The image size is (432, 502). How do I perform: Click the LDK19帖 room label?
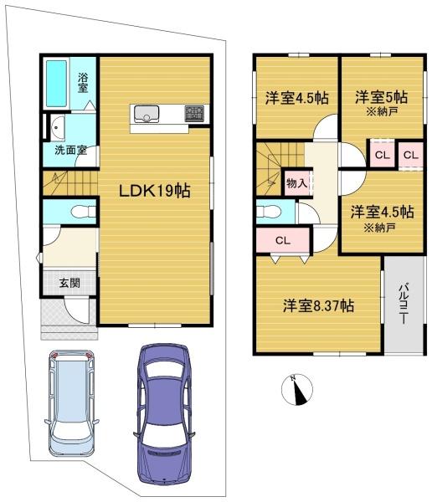155,191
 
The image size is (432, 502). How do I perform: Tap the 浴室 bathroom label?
83,83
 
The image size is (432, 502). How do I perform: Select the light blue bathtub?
56,84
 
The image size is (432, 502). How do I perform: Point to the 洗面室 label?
70,150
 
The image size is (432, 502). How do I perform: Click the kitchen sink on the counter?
147,114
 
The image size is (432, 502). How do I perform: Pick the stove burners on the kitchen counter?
194,113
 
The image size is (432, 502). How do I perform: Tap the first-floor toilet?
84,212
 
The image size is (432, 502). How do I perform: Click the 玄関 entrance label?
69,283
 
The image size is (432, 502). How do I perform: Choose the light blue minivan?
71,402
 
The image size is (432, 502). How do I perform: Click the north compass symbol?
297,390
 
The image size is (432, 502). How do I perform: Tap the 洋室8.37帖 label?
318,305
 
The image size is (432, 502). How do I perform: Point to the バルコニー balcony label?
404,303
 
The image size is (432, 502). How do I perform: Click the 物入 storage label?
296,183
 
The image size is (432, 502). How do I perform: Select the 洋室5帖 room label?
382,97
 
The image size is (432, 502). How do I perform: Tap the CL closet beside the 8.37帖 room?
283,240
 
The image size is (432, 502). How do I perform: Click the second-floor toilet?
269,212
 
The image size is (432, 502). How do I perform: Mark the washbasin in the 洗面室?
58,127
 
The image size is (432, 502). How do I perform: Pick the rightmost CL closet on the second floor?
411,155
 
